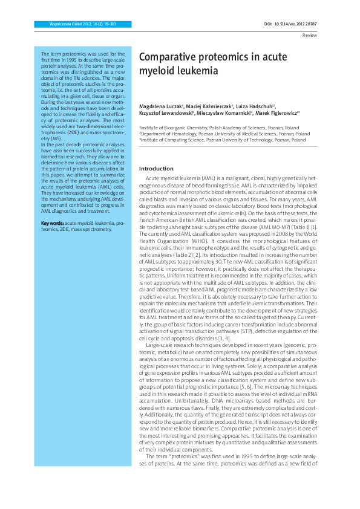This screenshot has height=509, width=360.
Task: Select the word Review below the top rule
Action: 309,36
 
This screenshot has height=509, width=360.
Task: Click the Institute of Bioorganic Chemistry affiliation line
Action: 219,128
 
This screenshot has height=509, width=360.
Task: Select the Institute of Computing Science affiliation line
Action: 223,139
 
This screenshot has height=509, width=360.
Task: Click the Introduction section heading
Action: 156,168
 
